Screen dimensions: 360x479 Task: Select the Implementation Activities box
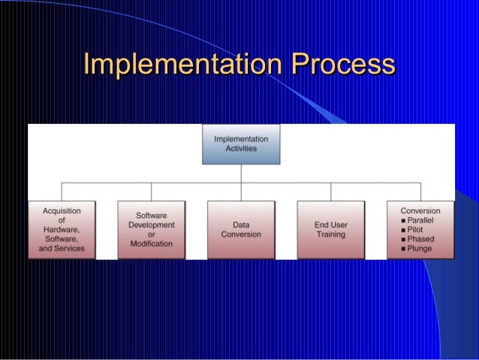point(241,144)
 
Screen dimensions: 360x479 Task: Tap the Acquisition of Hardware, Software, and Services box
point(62,229)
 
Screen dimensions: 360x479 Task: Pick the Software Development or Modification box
point(151,229)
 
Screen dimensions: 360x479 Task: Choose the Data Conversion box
point(241,229)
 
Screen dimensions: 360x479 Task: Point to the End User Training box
point(330,229)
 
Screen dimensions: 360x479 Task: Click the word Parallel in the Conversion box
point(423,220)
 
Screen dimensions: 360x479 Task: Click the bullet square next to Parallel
point(404,220)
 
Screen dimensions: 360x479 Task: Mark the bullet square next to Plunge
point(404,248)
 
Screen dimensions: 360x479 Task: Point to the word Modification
point(151,244)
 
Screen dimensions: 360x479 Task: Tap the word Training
point(330,234)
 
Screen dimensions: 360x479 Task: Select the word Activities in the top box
point(241,149)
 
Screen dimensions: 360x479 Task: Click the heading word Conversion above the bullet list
point(420,210)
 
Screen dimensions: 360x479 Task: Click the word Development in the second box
point(151,225)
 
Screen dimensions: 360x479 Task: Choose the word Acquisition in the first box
point(62,210)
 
